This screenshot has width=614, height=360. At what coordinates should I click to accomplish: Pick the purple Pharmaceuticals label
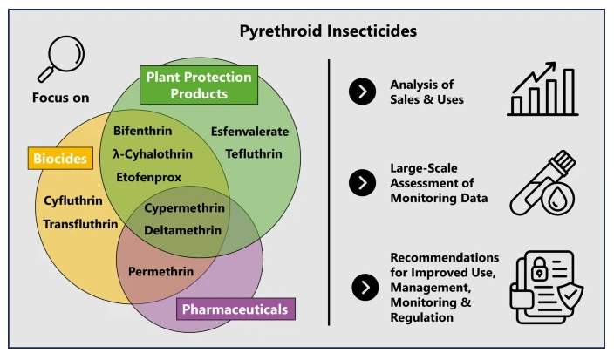[235, 308]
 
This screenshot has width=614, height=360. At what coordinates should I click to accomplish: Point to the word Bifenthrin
[143, 131]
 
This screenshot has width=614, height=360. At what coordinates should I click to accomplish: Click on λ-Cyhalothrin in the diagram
[153, 153]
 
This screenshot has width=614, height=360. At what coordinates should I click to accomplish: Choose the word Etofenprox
[150, 176]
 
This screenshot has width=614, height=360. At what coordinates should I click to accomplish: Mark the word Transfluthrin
[80, 223]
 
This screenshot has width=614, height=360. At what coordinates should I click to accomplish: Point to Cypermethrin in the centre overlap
[186, 209]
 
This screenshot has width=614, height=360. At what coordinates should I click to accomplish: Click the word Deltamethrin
[185, 230]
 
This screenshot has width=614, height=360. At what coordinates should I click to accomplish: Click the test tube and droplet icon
[543, 186]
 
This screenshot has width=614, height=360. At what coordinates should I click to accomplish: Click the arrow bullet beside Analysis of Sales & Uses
[361, 91]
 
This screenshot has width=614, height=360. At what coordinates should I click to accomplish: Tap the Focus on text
[61, 97]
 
